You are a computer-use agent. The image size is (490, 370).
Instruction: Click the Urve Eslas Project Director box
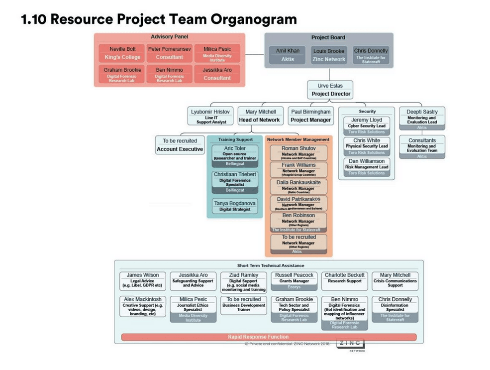(x=331, y=90)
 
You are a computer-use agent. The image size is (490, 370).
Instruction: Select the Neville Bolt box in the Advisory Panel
(x=122, y=53)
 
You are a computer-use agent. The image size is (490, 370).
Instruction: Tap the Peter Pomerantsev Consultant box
(x=169, y=53)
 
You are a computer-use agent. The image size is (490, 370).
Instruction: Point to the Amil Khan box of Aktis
(x=288, y=55)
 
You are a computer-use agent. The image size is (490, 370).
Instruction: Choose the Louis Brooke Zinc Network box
(x=328, y=55)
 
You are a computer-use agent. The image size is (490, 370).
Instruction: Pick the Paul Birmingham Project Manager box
(x=310, y=116)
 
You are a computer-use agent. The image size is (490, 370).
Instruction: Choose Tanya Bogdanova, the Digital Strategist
(x=235, y=206)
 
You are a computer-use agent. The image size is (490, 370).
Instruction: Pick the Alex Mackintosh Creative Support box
(x=142, y=306)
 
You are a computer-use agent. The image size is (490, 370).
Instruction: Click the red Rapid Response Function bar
(x=269, y=337)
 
